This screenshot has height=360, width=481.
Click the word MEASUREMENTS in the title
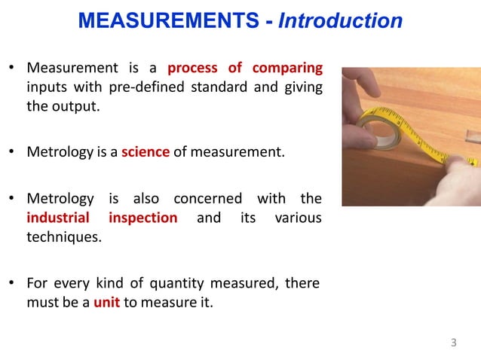tap(169, 21)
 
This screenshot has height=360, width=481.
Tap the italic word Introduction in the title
tap(340, 21)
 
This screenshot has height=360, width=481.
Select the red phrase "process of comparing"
tap(245, 69)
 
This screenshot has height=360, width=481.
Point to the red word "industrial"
tap(57, 218)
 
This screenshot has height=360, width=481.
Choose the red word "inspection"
tap(143, 218)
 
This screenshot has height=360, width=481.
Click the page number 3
tap(453, 343)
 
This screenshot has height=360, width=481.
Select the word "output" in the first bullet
tap(75, 105)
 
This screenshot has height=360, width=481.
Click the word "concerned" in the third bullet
tap(205, 199)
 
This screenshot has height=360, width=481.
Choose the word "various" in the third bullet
tap(299, 218)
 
